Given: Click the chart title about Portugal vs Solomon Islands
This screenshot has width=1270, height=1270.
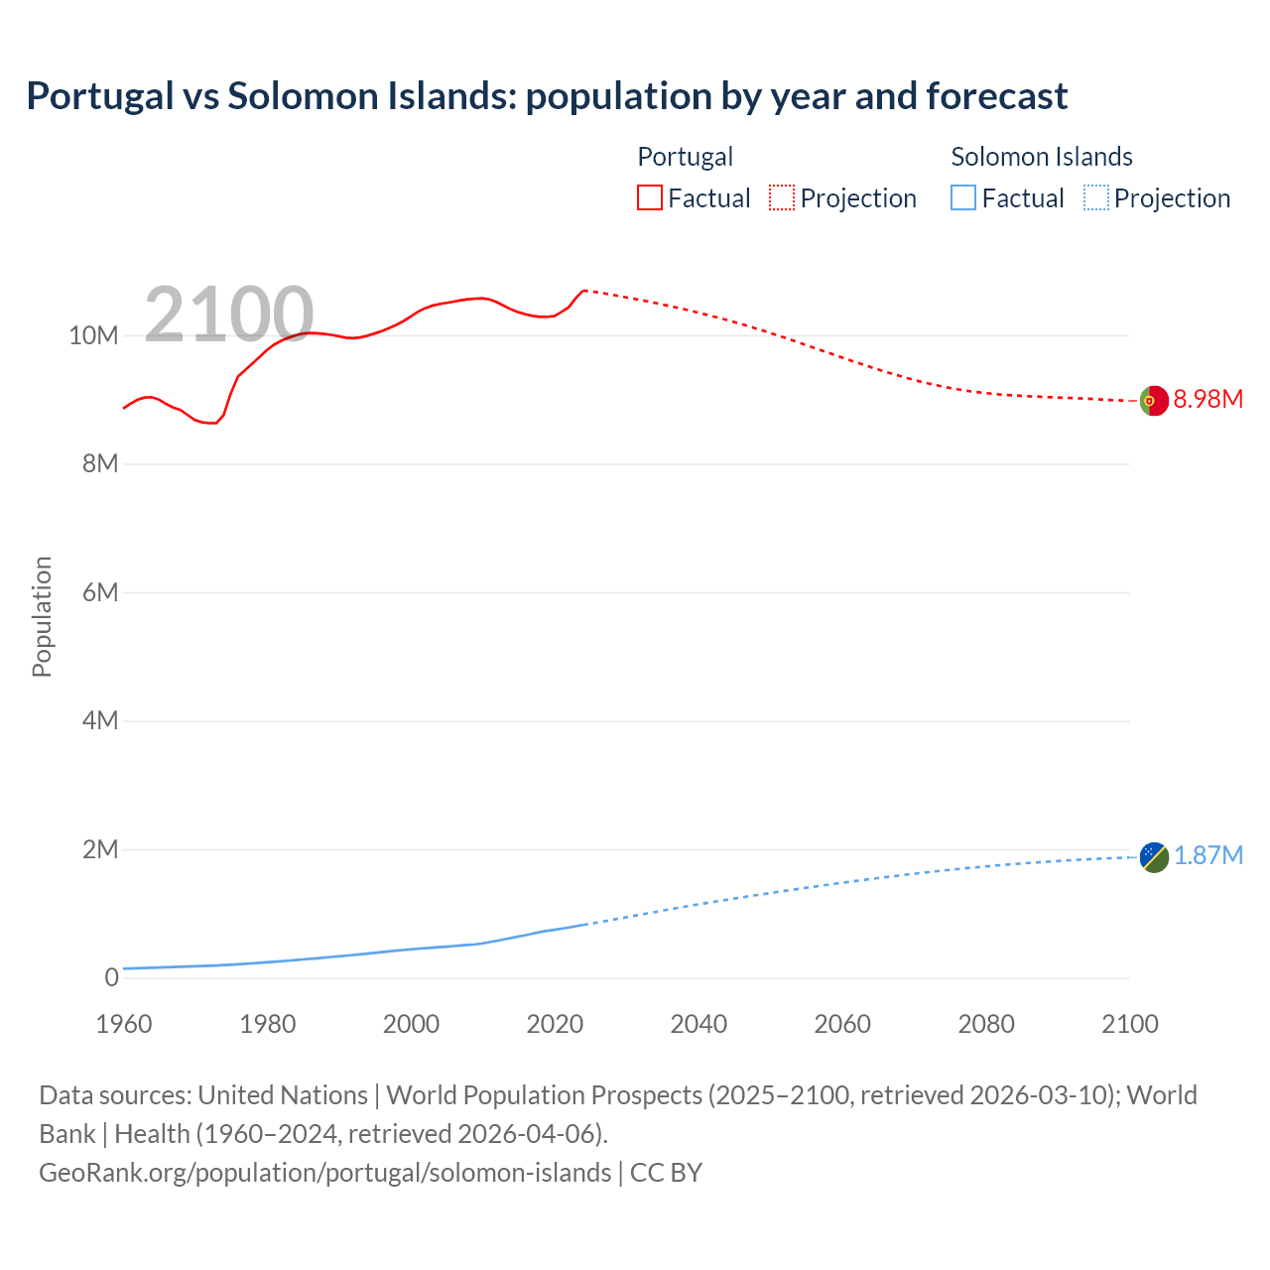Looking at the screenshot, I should (547, 96).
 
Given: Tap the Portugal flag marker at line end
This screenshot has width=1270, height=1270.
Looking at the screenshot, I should (1154, 401).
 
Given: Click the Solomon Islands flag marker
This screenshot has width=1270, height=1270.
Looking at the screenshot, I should (1154, 857).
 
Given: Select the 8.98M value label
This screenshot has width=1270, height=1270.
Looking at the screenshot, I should (1207, 400).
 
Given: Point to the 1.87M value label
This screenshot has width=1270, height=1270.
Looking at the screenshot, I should (1207, 856).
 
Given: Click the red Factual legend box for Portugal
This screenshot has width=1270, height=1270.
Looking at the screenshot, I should (650, 198).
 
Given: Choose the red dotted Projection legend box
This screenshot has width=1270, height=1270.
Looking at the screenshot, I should (782, 198).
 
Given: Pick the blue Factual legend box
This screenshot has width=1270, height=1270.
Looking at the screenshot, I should (963, 198).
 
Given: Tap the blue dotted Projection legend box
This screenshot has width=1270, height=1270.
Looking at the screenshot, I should (1095, 198).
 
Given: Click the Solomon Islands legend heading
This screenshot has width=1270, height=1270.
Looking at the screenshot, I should (1042, 157).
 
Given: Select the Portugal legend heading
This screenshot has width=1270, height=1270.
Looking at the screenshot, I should (685, 157).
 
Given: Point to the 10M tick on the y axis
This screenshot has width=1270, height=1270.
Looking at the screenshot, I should (93, 336).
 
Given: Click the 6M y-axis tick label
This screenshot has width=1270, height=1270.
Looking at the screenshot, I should (100, 593).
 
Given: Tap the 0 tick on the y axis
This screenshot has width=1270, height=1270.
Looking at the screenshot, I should (111, 978).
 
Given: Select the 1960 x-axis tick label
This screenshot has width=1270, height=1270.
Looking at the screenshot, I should (124, 1024).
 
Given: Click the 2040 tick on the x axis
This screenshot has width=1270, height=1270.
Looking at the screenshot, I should (698, 1024).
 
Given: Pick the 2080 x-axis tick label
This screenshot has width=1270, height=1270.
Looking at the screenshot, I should (986, 1024).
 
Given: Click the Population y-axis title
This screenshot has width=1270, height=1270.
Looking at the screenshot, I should (42, 617).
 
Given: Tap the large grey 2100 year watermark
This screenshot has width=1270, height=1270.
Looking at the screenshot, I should (229, 316).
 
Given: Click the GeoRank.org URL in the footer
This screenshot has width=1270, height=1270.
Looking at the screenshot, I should (325, 1173).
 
